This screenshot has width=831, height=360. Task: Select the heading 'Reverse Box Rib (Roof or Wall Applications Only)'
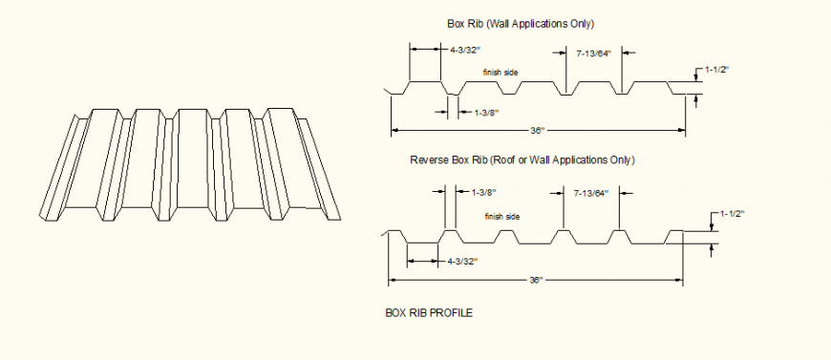click(522, 159)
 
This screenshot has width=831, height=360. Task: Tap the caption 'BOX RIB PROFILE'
click(429, 312)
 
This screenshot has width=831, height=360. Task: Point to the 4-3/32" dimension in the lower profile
click(461, 260)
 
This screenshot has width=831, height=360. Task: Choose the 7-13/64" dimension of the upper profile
click(593, 53)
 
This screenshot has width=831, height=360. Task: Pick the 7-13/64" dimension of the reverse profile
click(590, 193)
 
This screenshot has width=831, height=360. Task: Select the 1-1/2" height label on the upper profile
click(717, 70)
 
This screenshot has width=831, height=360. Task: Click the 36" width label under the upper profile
click(537, 129)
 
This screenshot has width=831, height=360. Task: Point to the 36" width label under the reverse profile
click(536, 280)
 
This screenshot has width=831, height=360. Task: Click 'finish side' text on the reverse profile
click(501, 217)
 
